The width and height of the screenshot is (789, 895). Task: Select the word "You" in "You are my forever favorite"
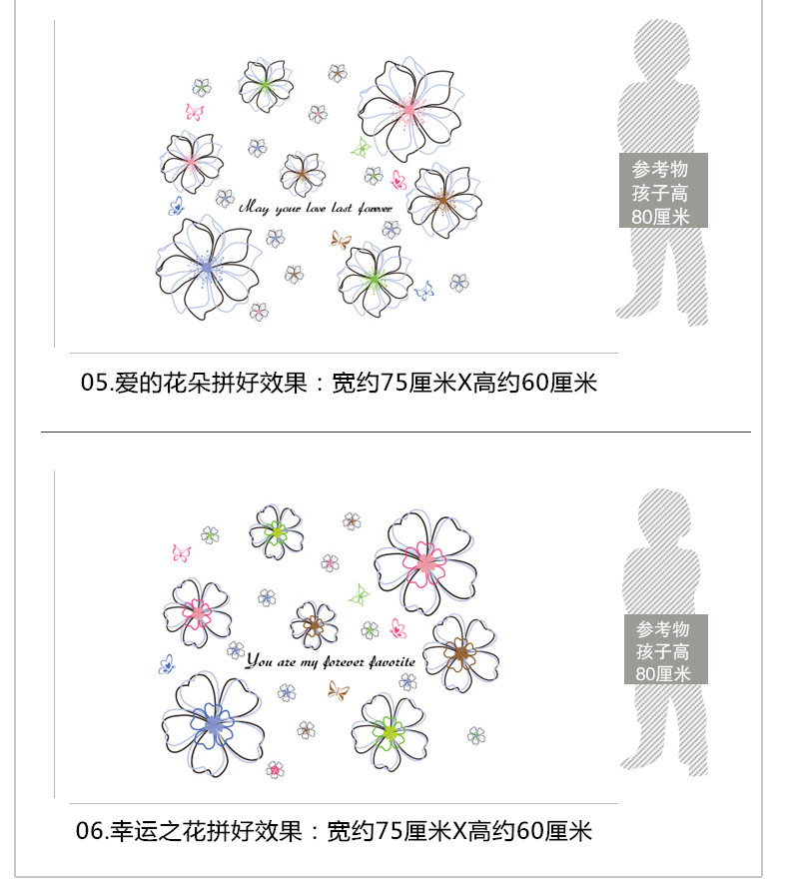259,661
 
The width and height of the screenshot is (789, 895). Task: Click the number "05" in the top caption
93,382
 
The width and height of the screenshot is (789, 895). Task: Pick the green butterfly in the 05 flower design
360,148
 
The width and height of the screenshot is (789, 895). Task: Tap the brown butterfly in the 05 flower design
341,240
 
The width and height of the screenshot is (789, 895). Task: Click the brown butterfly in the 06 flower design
338,689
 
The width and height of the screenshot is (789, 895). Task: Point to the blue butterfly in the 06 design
168,663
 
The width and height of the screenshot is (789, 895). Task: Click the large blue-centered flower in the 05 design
206,265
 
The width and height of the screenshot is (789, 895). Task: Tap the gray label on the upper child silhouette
662,191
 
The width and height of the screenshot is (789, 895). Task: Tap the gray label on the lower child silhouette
663,649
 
